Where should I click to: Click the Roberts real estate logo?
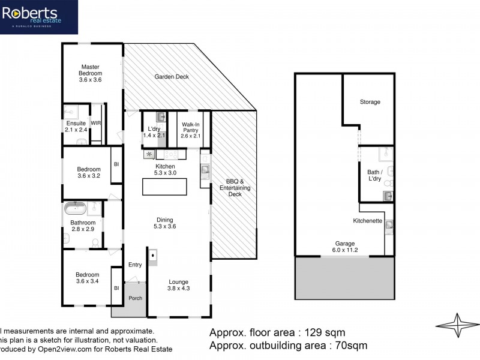coord(39,17)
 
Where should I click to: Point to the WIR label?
coord(96,123)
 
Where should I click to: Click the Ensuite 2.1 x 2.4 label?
coord(76,127)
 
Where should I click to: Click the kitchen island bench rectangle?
coord(164,187)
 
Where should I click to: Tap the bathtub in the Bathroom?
coord(76,210)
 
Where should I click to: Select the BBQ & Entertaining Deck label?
coord(234,188)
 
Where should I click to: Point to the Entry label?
coord(135,265)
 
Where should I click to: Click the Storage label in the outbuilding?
coord(370,102)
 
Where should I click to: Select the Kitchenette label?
coord(368,221)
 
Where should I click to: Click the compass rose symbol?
coord(459,327)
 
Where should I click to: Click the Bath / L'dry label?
coord(374,175)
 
